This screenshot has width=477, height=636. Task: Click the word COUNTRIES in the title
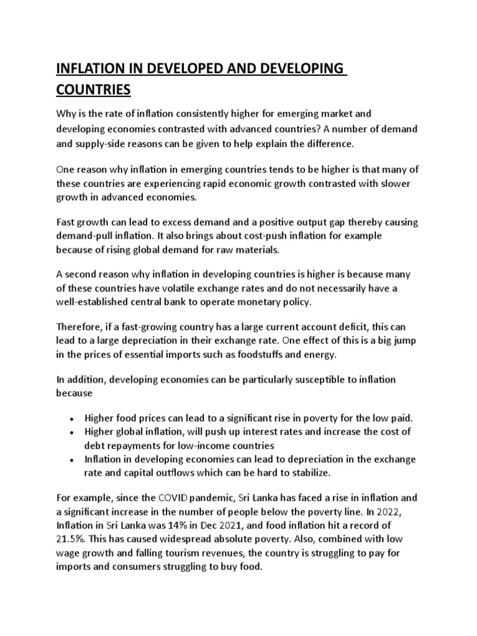pos(94,90)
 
